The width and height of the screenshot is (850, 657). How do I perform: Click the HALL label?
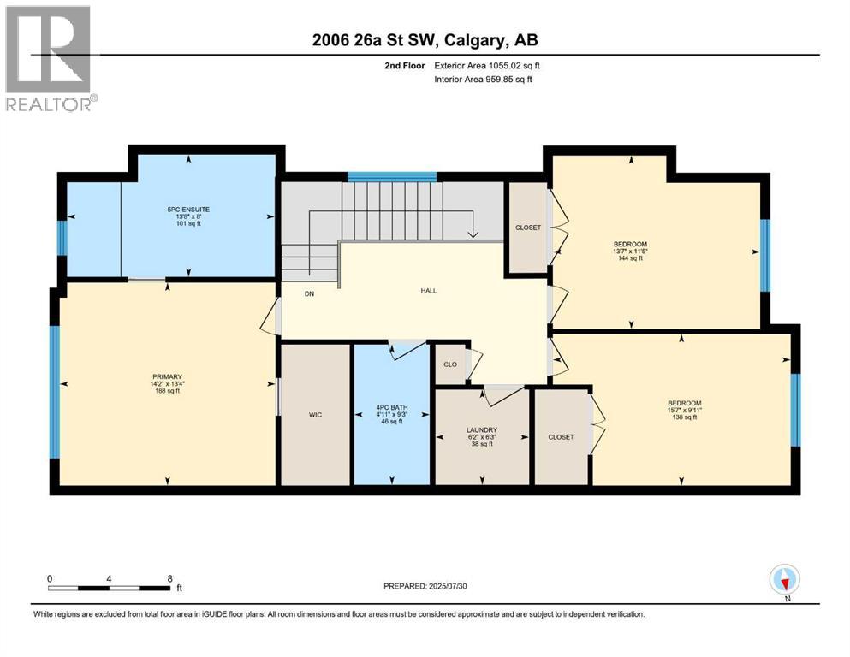429,291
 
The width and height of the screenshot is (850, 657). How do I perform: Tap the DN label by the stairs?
310,294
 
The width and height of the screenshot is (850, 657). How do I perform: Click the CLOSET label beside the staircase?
527,228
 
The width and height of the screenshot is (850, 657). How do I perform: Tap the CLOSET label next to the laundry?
561,436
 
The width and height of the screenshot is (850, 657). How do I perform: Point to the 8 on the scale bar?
169,578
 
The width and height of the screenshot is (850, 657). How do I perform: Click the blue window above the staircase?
392,177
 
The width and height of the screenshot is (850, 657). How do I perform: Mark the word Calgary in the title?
475,39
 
